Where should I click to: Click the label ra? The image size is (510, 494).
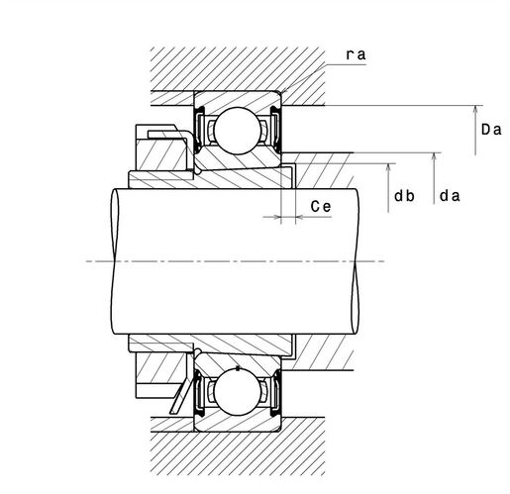(356, 54)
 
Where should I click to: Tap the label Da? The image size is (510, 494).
(491, 130)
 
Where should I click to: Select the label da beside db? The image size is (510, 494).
(450, 196)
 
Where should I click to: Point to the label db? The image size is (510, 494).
(404, 196)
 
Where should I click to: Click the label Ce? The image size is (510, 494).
(321, 207)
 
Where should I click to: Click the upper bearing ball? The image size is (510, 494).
(238, 131)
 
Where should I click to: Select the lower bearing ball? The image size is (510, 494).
(238, 392)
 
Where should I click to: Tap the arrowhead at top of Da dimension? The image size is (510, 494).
(475, 110)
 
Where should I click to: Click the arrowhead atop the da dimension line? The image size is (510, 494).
(435, 157)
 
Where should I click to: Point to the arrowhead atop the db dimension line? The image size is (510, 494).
(388, 167)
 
